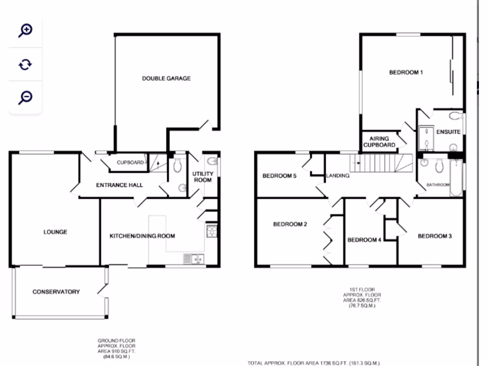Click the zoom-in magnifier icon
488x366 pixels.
click(x=25, y=30)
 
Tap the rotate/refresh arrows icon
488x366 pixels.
click(x=25, y=64)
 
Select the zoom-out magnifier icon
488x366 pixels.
click(x=25, y=97)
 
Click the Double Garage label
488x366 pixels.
click(x=166, y=78)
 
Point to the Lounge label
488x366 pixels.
click(x=55, y=232)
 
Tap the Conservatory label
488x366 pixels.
click(x=56, y=292)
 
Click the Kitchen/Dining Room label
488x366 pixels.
click(x=142, y=236)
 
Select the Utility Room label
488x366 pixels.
click(x=203, y=177)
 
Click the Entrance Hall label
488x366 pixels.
click(x=119, y=185)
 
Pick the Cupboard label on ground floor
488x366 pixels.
click(x=130, y=163)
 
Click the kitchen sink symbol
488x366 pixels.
click(x=193, y=259)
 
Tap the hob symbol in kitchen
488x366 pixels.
click(x=212, y=232)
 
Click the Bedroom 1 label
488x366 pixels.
click(x=406, y=72)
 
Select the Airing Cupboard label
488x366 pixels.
click(x=379, y=142)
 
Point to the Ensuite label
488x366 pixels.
click(x=448, y=132)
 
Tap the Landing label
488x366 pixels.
click(x=338, y=175)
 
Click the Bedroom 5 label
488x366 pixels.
click(x=280, y=175)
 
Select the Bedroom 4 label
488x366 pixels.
click(x=364, y=240)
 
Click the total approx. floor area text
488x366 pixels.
click(x=314, y=363)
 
